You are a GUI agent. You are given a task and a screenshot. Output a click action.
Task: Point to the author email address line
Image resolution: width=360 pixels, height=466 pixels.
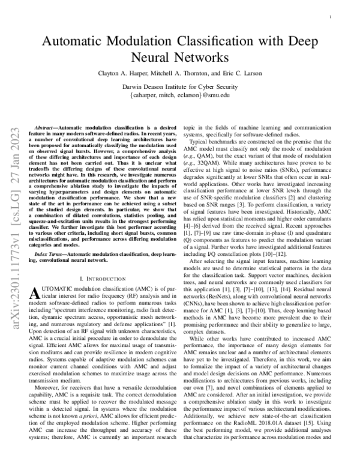click(180, 95)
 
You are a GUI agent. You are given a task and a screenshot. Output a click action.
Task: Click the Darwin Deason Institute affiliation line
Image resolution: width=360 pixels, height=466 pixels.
click(180, 87)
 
